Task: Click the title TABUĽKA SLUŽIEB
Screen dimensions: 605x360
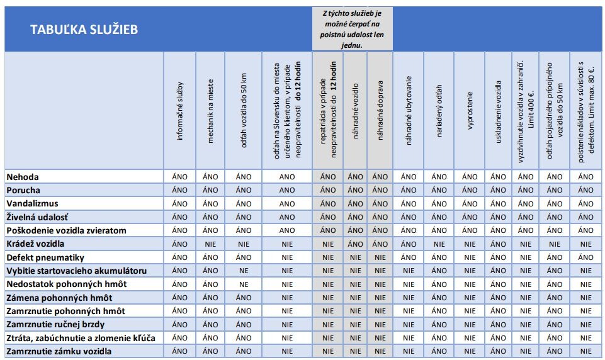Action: (x=84, y=30)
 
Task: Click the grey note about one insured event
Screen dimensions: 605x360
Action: (x=352, y=29)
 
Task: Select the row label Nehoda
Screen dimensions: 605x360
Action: (x=23, y=177)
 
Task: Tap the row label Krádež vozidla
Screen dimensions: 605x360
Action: (x=35, y=244)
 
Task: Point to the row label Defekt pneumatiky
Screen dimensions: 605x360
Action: (x=45, y=257)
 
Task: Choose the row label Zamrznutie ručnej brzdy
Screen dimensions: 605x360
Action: (x=55, y=324)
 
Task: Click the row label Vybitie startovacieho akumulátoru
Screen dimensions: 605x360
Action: (x=76, y=271)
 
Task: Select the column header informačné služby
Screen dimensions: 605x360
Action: (x=179, y=111)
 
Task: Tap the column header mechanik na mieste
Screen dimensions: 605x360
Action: (x=210, y=111)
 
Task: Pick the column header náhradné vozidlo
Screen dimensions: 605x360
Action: (x=355, y=111)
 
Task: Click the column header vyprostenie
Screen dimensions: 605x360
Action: (x=470, y=111)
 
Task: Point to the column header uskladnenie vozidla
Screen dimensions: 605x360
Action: (x=498, y=112)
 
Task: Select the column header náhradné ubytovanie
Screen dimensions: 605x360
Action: (x=409, y=111)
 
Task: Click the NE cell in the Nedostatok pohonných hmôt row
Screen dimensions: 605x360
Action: (x=244, y=284)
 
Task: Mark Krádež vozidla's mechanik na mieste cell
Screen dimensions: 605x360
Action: (x=210, y=244)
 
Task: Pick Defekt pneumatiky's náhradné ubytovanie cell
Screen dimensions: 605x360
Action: (x=409, y=257)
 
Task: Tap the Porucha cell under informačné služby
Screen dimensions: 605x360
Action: (x=180, y=190)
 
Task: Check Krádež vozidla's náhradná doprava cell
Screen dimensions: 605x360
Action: (x=380, y=244)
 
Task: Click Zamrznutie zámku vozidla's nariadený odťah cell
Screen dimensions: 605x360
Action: (x=439, y=351)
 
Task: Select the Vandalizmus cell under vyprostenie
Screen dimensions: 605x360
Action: (x=470, y=204)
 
